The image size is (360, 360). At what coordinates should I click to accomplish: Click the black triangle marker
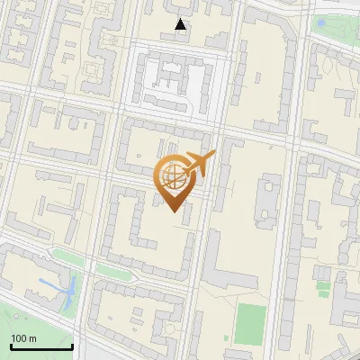click(181, 24)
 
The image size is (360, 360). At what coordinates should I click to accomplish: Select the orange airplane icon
click(199, 163)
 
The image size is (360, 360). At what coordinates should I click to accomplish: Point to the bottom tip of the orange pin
click(173, 211)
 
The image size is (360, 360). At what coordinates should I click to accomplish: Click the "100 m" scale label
click(23, 338)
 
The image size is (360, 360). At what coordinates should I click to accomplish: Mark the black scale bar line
click(41, 346)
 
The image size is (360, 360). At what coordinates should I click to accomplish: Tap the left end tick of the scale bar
click(11, 345)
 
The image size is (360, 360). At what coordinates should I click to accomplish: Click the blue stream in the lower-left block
click(65, 287)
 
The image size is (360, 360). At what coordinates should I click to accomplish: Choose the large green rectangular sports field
click(251, 324)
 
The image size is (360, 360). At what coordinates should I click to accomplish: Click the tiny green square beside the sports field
click(321, 288)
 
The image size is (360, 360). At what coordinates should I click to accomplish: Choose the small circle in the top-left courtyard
click(112, 40)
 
